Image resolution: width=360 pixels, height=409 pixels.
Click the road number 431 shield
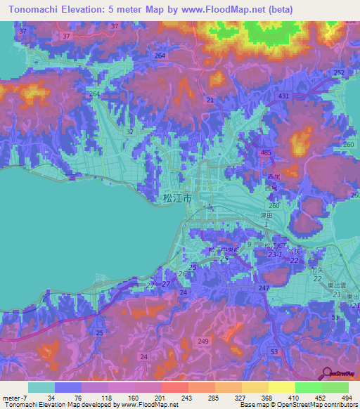click(283, 96)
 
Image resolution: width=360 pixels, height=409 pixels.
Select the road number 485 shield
click(266, 152)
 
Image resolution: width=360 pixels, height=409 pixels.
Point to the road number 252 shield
click(339, 73)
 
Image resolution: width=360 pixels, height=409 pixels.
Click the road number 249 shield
click(203, 341)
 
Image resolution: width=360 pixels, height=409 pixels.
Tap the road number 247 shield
click(263, 289)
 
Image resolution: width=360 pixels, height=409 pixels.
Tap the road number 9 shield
click(248, 243)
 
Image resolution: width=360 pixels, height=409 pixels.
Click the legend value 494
click(347, 396)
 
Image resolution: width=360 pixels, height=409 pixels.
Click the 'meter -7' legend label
click(13, 396)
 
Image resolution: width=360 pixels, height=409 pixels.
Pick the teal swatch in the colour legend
click(41, 387)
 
